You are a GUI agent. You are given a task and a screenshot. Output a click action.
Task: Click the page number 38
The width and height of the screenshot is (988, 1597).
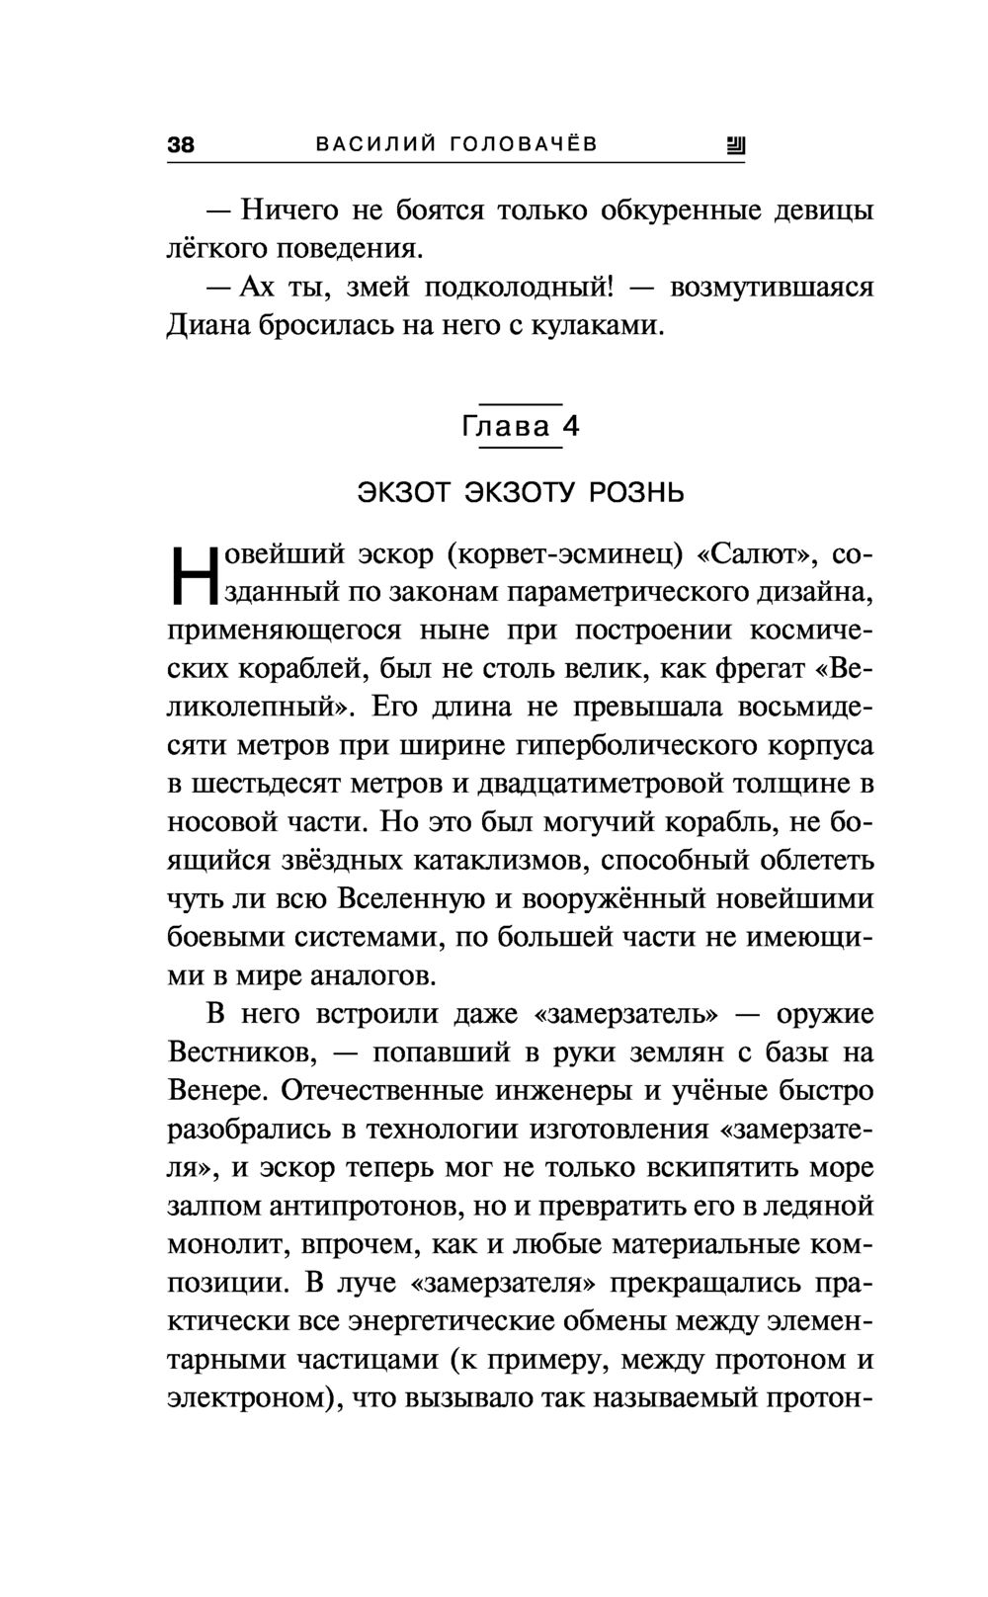[x=181, y=145]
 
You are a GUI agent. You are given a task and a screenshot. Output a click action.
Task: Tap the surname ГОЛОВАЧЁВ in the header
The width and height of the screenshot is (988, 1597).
[x=524, y=145]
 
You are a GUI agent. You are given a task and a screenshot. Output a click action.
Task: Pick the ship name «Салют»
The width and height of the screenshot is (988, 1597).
[x=758, y=554]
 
